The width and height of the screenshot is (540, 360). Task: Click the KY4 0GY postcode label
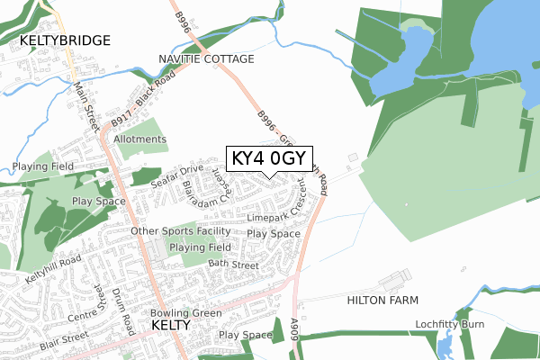269,159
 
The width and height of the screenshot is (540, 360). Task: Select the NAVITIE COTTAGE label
206,58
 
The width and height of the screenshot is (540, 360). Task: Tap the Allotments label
140,139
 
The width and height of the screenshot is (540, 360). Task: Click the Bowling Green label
186,312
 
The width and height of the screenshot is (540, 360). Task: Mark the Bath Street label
232,265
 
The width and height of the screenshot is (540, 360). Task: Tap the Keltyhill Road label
53,268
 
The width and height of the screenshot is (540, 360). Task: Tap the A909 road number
299,327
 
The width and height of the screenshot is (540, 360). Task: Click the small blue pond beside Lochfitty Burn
444,343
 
